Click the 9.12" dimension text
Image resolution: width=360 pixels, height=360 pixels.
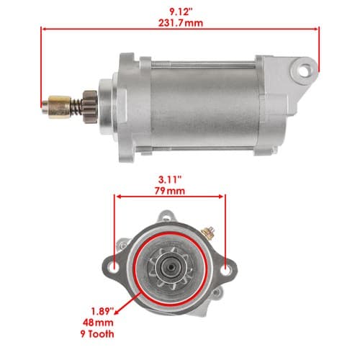pyautogui.click(x=181, y=12)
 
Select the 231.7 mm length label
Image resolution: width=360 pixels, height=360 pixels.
pyautogui.click(x=181, y=23)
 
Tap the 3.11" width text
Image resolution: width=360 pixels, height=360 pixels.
pyautogui.click(x=170, y=179)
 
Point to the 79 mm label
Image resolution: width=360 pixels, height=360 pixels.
pyautogui.click(x=170, y=191)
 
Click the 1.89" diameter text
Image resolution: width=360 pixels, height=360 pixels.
pyautogui.click(x=102, y=311)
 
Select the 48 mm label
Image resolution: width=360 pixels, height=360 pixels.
pyautogui.click(x=98, y=323)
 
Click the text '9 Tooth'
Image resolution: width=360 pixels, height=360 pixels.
pyautogui.click(x=97, y=334)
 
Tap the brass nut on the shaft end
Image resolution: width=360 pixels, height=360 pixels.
pyautogui.click(x=60, y=107)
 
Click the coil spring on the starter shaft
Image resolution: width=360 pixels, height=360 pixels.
pyautogui.click(x=77, y=107)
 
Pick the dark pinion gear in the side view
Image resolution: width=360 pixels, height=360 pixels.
pyautogui.click(x=90, y=107)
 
